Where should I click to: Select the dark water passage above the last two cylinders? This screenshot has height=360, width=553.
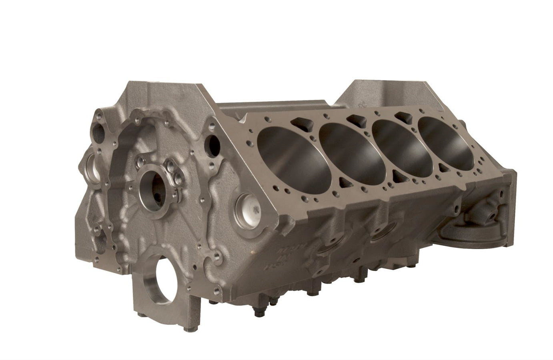[404, 116]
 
